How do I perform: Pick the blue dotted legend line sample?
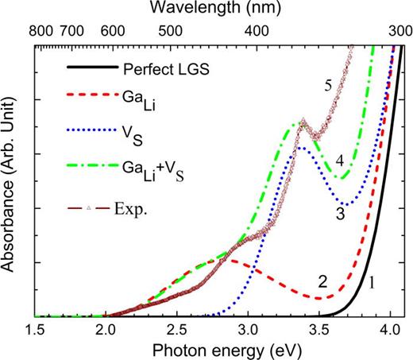83,131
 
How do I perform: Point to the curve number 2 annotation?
322,281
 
